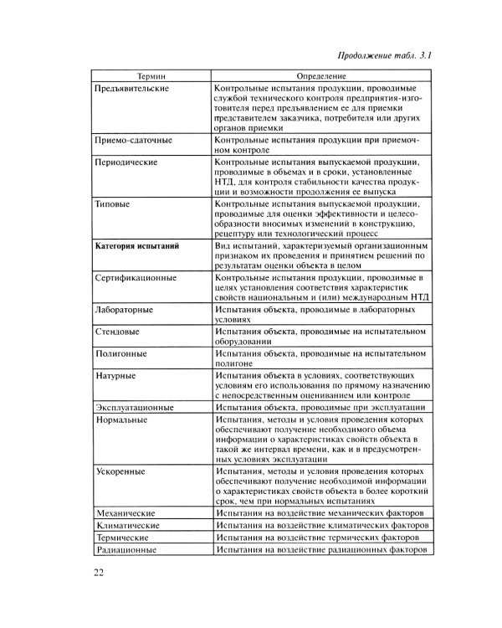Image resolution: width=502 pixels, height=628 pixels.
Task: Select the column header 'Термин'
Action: [x=152, y=75]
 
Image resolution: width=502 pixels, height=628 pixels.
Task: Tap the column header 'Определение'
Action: [x=321, y=75]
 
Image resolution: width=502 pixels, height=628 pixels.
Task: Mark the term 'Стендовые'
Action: [x=118, y=332]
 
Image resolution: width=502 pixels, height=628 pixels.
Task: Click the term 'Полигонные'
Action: [x=121, y=353]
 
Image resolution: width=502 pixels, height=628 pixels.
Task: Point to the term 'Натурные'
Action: [x=115, y=376]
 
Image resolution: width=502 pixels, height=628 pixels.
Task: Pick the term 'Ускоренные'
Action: [x=120, y=472]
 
